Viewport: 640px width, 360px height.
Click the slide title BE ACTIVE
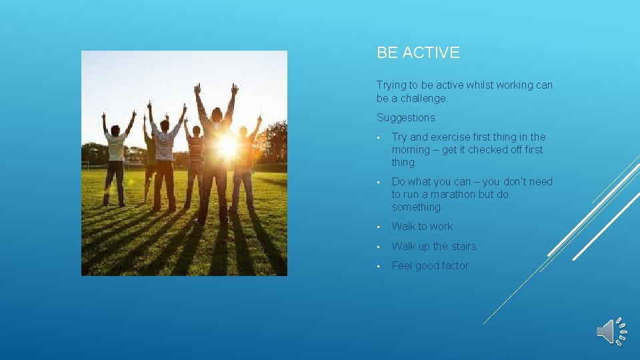[x=418, y=53]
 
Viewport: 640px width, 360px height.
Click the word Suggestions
[x=407, y=117]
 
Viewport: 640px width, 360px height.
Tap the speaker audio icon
[x=611, y=331]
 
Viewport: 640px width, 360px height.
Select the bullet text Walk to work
[x=422, y=227]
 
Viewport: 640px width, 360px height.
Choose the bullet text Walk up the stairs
[x=434, y=247]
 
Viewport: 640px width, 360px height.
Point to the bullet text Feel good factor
[x=430, y=266]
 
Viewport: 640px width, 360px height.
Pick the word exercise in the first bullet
[x=455, y=137]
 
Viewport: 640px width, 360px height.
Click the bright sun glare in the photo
[x=227, y=145]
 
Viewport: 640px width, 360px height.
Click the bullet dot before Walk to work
[x=379, y=227]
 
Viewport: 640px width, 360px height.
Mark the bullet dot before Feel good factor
[x=379, y=267]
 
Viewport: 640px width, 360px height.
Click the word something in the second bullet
[x=416, y=207]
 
